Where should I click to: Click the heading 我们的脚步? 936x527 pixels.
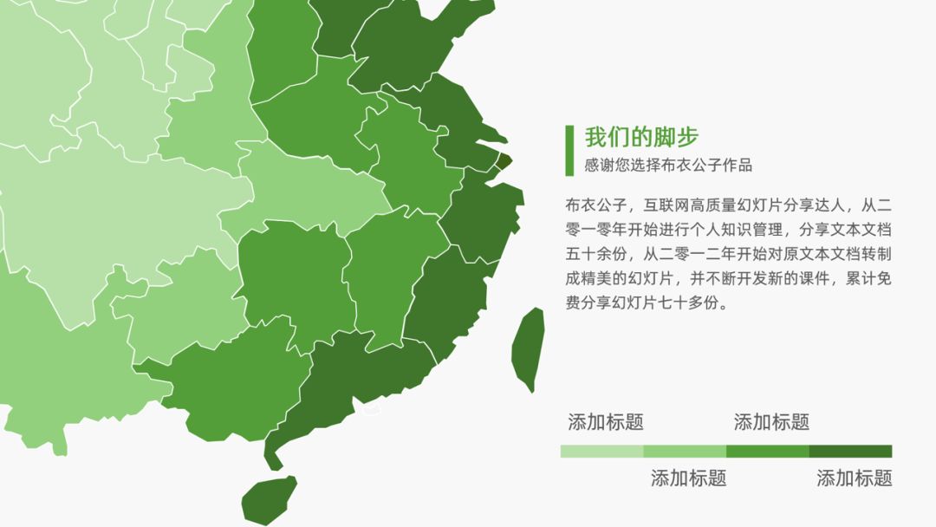[641, 138]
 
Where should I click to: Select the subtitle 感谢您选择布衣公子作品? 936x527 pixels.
[668, 166]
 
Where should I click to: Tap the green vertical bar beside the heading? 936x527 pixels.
[569, 150]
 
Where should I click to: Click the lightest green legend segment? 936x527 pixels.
[601, 451]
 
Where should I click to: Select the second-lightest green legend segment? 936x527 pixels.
[685, 451]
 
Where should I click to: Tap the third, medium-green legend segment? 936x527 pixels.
[767, 451]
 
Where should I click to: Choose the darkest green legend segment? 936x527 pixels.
[850, 451]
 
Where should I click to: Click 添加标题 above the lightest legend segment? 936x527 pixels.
[606, 422]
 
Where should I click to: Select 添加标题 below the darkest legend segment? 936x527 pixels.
[855, 478]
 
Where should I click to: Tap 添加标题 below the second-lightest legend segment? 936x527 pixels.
[688, 478]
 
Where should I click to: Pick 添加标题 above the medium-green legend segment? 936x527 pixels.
[771, 422]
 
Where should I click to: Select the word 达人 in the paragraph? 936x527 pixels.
[833, 205]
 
